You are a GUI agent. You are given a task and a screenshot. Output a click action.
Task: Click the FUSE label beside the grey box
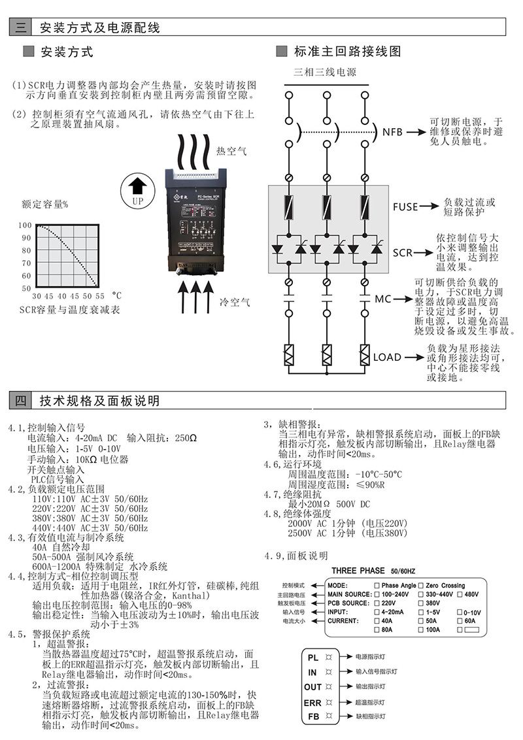(405, 207)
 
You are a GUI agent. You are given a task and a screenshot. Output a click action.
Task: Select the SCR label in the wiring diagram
(403, 252)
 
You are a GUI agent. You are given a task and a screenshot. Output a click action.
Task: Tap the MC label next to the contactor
(382, 299)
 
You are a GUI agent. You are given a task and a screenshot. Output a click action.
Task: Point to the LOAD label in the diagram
(387, 358)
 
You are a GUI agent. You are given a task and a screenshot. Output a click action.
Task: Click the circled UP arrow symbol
(137, 192)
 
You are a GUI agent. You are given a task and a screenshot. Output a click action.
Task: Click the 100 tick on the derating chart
(25, 225)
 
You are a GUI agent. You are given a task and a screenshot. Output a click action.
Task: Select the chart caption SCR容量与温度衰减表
(69, 309)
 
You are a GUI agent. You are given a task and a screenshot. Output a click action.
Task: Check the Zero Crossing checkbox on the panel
(422, 586)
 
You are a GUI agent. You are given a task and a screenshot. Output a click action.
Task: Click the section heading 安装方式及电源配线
(99, 27)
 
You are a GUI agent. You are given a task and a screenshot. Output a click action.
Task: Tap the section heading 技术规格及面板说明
(99, 401)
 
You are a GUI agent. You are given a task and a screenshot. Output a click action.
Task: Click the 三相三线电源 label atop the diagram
(325, 72)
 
